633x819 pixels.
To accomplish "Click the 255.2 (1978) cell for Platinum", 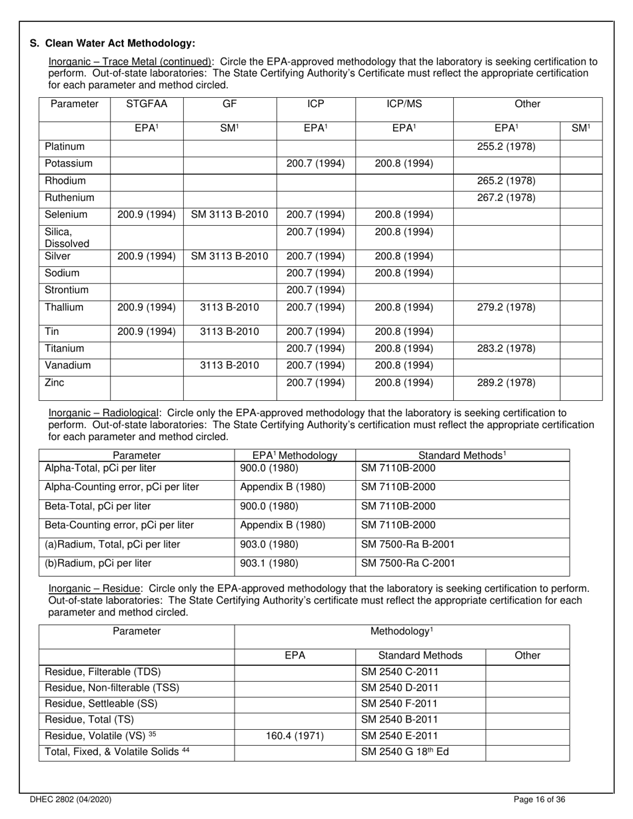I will [x=506, y=146].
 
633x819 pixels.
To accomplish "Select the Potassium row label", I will [x=69, y=164].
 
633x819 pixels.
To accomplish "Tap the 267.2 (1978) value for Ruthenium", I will [x=506, y=198].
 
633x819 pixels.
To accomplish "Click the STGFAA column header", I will [x=146, y=105].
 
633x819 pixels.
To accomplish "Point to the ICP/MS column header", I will [x=404, y=105].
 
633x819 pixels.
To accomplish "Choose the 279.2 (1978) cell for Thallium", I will [x=506, y=308].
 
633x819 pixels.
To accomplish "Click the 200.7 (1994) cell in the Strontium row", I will [x=316, y=290].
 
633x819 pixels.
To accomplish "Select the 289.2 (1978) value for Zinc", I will [x=506, y=383].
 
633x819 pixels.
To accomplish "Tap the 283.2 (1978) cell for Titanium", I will [x=506, y=348].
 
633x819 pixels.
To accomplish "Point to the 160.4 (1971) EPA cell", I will [x=295, y=736].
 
